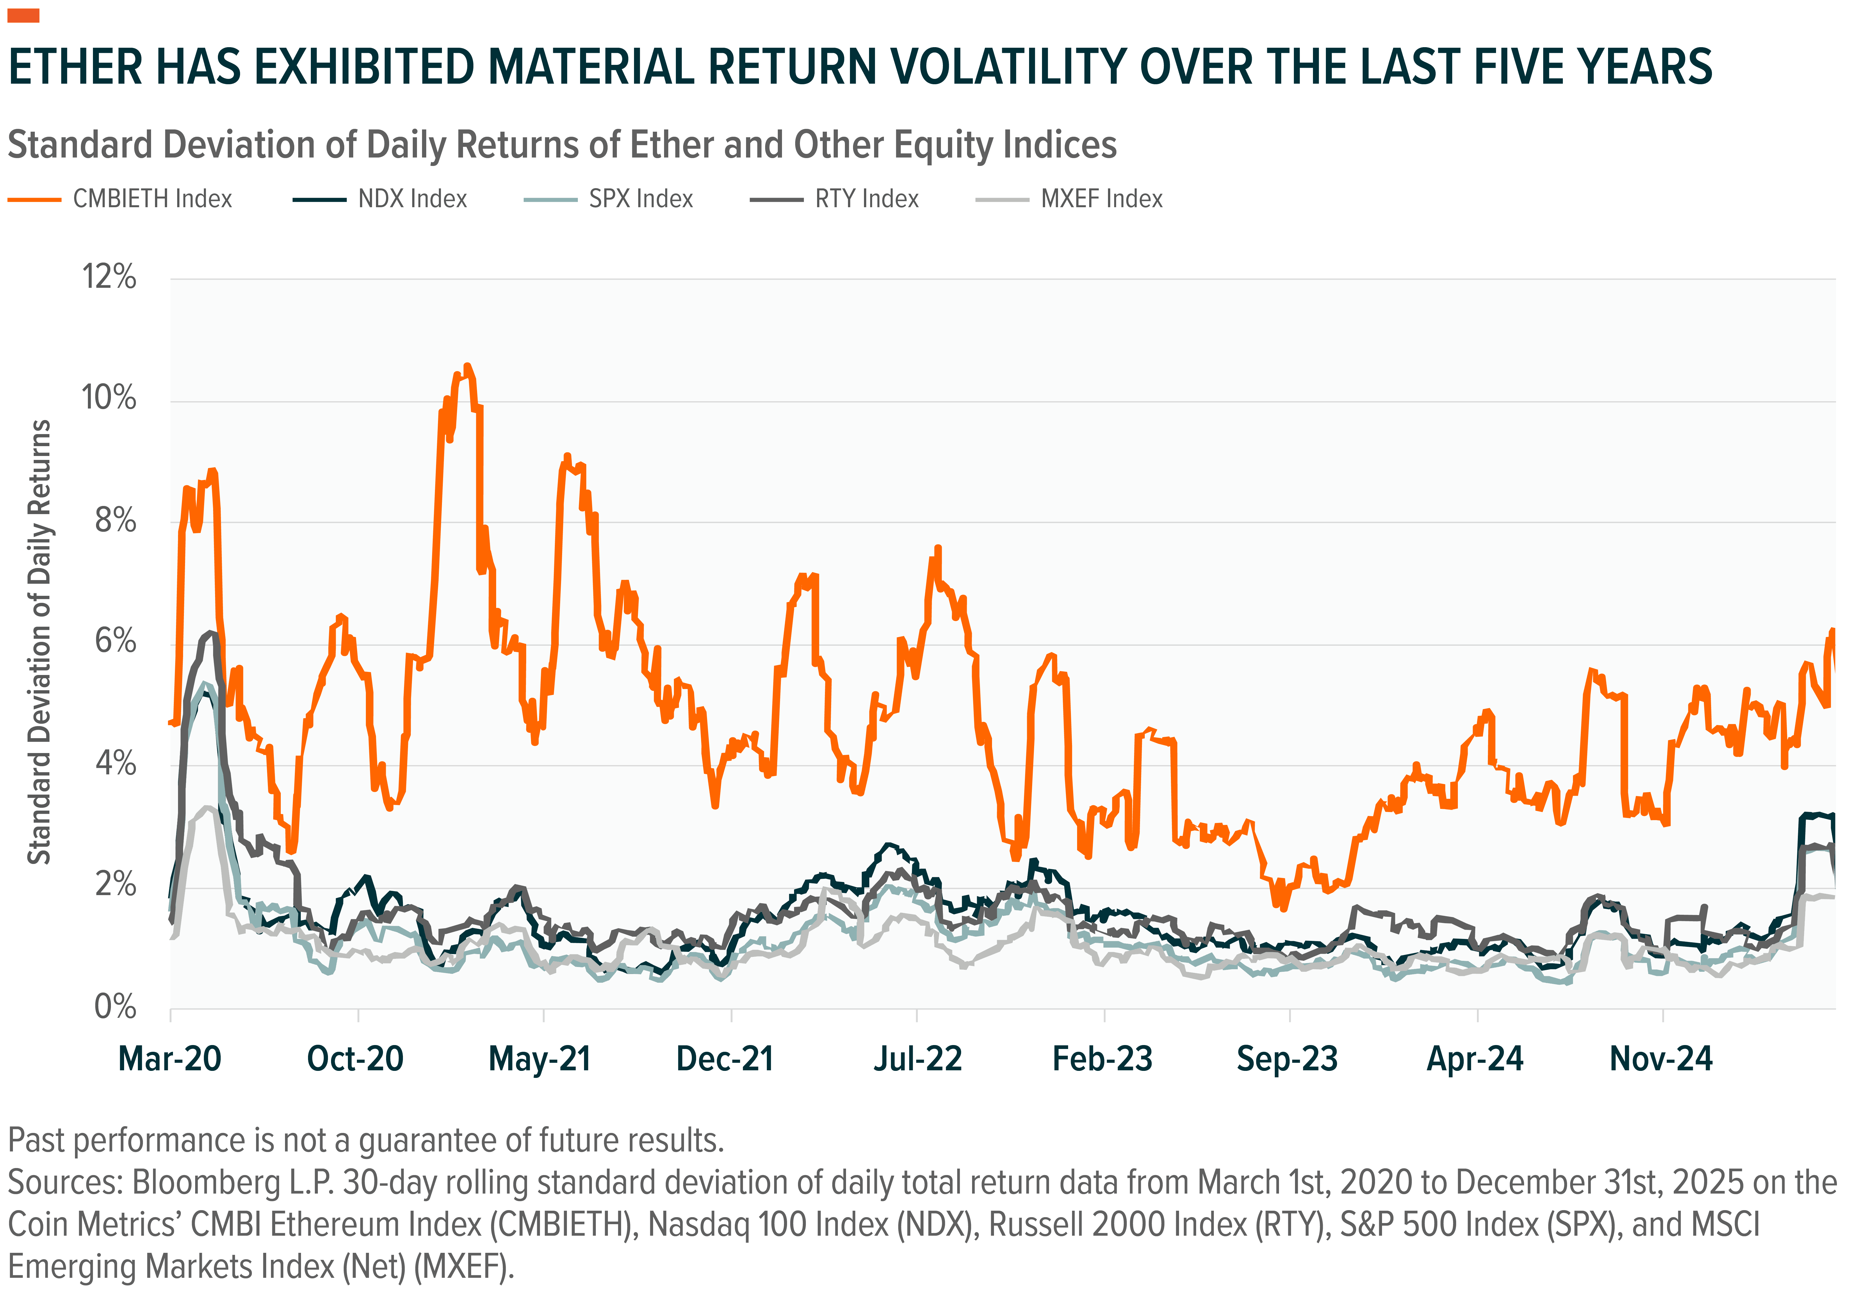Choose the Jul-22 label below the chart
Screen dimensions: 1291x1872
click(x=917, y=1059)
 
